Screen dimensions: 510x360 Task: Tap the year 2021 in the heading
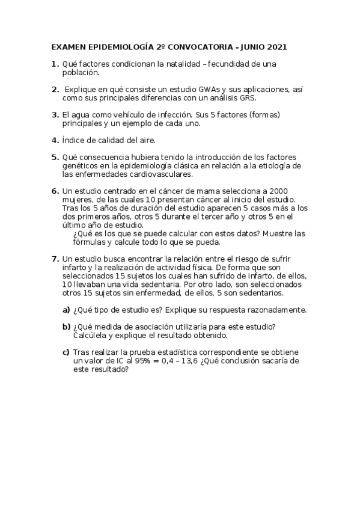coord(276,46)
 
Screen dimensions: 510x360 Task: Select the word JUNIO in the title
coord(248,46)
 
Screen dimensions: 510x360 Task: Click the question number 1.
coord(55,64)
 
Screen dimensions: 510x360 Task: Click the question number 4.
coord(55,140)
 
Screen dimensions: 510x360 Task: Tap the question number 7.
coord(55,259)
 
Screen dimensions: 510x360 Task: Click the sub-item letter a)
coord(67,310)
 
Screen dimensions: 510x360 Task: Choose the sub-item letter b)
coord(67,327)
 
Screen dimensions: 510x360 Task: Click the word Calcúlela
coord(92,335)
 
